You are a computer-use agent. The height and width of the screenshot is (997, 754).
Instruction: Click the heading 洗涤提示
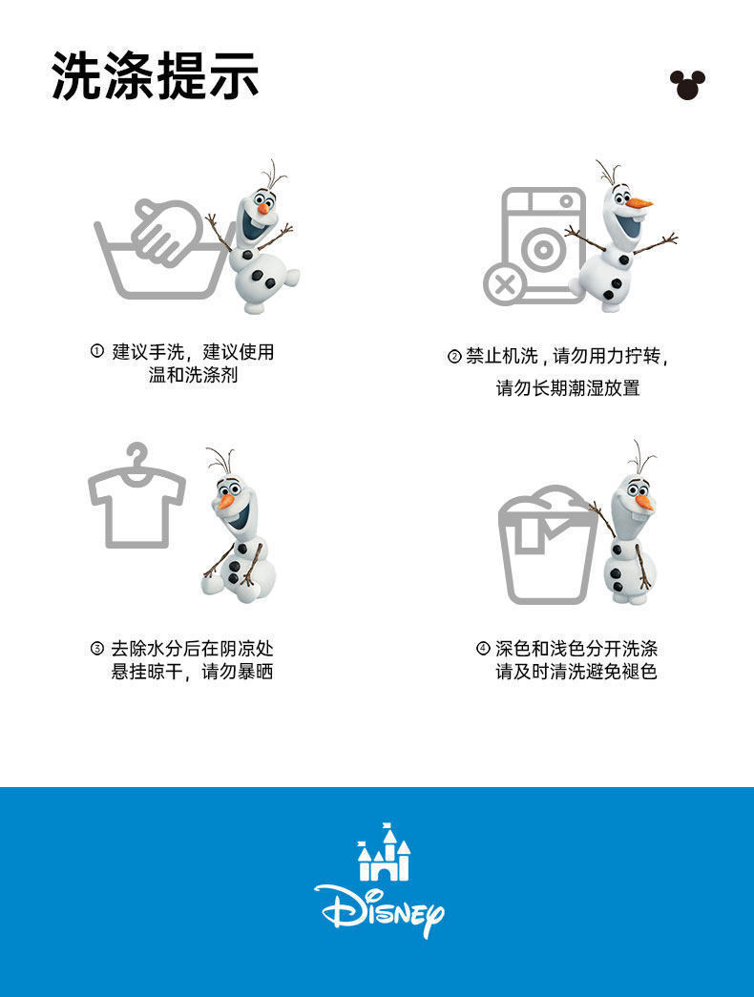[x=156, y=75]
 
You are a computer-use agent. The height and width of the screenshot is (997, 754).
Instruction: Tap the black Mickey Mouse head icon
[x=687, y=85]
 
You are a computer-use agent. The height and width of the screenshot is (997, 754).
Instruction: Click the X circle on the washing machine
[x=505, y=284]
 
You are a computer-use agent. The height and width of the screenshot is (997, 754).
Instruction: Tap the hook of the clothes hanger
[x=137, y=454]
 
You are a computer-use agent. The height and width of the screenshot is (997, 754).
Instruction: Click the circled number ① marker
[x=96, y=351]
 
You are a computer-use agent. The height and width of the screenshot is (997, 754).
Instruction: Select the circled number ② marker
[x=453, y=356]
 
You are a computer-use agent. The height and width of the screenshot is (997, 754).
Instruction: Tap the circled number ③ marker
[x=96, y=649]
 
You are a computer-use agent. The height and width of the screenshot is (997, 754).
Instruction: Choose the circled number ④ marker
[x=483, y=649]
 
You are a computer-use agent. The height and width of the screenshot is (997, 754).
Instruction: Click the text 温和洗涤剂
[x=194, y=375]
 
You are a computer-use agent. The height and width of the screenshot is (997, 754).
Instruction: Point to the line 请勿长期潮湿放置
[x=568, y=387]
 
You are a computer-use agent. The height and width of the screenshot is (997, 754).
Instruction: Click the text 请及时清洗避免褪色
[x=576, y=672]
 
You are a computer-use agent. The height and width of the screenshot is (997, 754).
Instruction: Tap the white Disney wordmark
[x=379, y=909]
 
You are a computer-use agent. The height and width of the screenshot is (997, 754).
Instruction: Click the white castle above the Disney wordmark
[x=384, y=852]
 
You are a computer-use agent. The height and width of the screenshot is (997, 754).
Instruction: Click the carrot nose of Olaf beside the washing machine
[x=639, y=203]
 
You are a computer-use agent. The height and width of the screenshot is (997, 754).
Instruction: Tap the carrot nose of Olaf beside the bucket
[x=644, y=503]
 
